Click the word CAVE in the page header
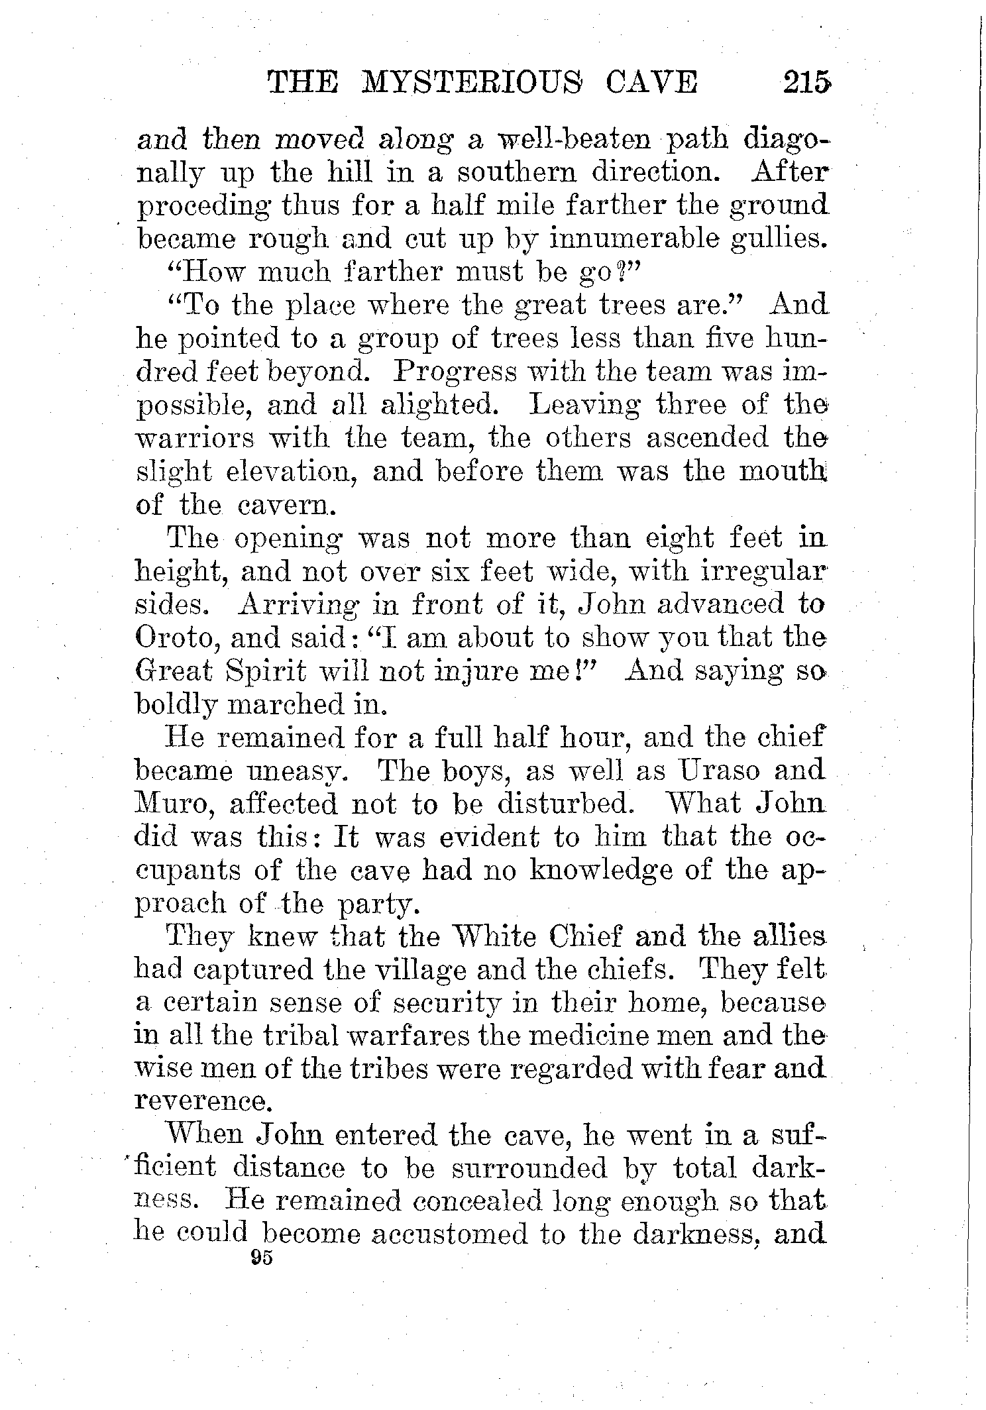pyautogui.click(x=650, y=85)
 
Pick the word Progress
pyautogui.click(x=455, y=372)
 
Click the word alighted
pyautogui.click(x=437, y=406)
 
